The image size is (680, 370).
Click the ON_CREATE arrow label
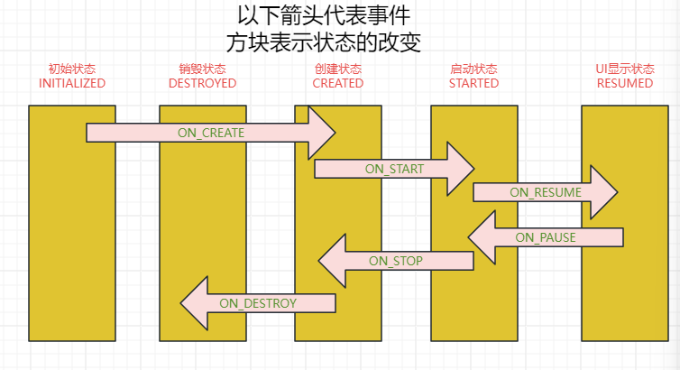tap(211, 133)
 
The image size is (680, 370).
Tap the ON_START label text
tap(394, 169)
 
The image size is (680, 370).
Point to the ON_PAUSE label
tap(546, 237)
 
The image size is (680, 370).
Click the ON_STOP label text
tap(396, 261)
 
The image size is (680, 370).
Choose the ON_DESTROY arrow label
tap(258, 303)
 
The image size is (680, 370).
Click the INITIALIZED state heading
tap(72, 83)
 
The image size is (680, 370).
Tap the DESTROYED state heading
tap(203, 83)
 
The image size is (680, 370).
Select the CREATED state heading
tap(338, 83)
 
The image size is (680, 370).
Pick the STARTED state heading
tap(474, 83)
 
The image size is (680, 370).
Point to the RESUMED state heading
tap(625, 83)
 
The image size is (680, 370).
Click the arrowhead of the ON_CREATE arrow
tap(322, 133)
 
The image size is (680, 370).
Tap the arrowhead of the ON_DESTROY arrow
tap(194, 303)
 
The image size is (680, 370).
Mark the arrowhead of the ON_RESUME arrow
tap(604, 191)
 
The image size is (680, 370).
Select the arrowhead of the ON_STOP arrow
tap(332, 261)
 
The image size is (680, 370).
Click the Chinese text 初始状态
tap(72, 69)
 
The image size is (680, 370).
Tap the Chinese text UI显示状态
tap(625, 69)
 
